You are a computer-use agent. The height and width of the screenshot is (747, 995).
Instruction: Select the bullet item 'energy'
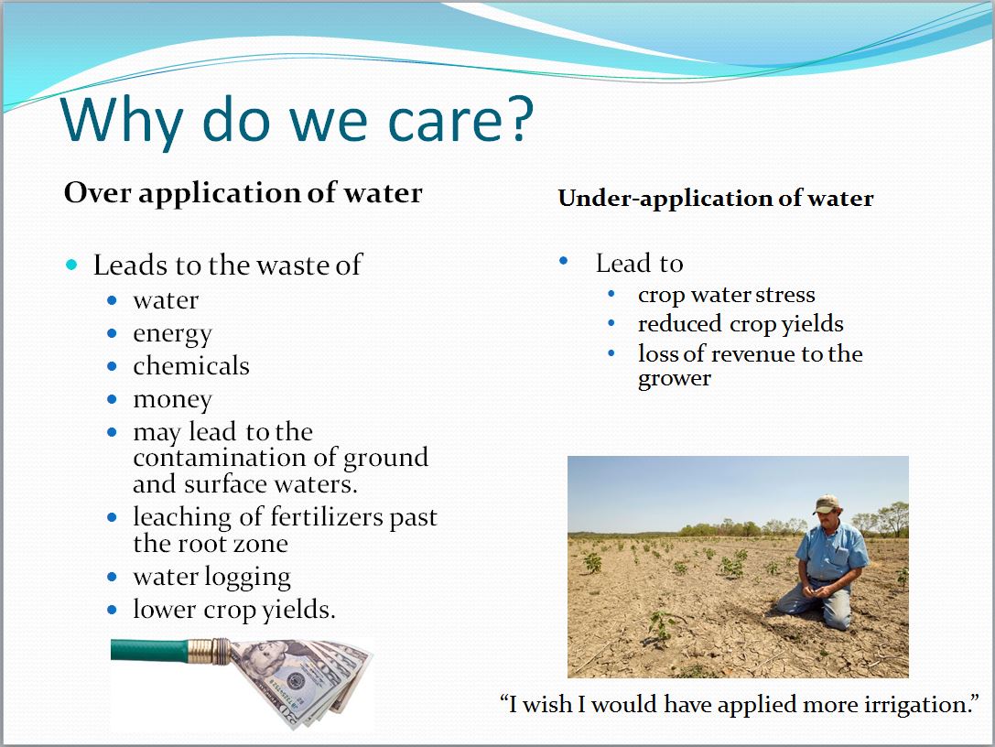[x=173, y=334]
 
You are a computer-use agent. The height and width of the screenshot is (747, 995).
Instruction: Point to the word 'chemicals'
[x=191, y=365]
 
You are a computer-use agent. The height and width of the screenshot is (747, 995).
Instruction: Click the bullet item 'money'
[x=173, y=400]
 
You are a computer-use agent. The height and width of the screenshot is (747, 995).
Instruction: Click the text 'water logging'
[x=212, y=578]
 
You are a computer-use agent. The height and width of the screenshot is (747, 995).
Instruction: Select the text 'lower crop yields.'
[x=234, y=610]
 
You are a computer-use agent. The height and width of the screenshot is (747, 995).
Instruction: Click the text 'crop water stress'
[x=727, y=295]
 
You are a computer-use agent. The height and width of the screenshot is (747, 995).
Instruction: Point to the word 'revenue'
[x=754, y=354]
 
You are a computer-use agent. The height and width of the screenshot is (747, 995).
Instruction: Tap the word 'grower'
[x=675, y=379]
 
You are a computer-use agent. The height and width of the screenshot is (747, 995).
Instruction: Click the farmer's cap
[x=827, y=503]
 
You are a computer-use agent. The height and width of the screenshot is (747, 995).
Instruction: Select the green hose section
[x=150, y=651]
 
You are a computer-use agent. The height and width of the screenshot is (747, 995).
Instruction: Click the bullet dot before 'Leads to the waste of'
[x=71, y=265]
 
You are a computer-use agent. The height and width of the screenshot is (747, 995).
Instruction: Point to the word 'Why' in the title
[x=122, y=121]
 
